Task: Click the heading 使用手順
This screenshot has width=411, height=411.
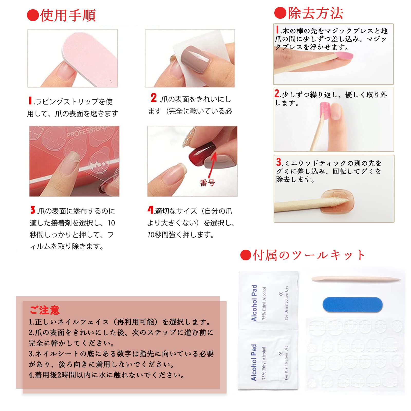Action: point(68,15)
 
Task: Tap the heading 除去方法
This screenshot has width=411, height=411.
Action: point(315,13)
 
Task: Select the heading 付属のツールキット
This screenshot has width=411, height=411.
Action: point(309,255)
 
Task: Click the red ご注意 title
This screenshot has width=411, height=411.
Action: point(44,310)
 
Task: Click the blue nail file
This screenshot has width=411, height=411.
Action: point(352,305)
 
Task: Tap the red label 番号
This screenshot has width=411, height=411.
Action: point(207,183)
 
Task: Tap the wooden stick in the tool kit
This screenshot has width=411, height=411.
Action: point(356,279)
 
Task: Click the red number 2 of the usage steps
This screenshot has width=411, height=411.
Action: point(154,98)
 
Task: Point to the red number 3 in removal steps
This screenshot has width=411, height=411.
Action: point(279,162)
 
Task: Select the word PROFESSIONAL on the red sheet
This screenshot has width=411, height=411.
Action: point(86,132)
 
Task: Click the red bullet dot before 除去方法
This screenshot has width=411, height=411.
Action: point(280,13)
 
